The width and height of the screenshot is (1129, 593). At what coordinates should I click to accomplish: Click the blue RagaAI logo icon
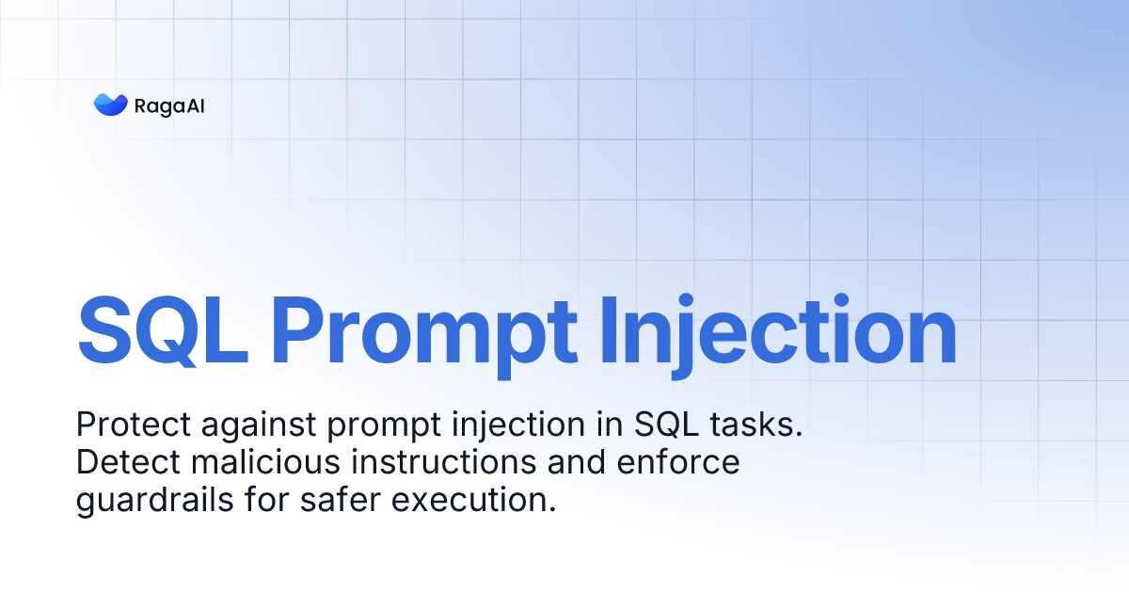point(110,104)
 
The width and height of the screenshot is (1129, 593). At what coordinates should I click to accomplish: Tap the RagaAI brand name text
point(170,105)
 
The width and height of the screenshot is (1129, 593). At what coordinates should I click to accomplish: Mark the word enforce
point(680,463)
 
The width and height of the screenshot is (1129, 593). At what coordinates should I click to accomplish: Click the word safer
point(340,501)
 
